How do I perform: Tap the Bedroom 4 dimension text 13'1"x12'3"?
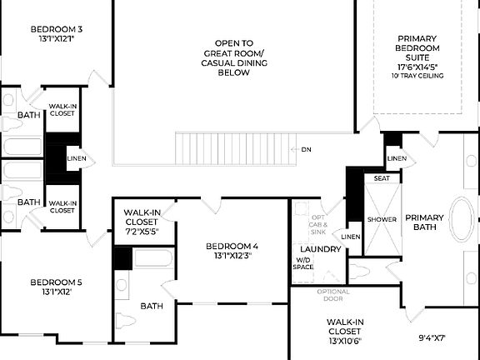pos(232,256)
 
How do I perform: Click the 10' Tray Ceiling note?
pos(417,76)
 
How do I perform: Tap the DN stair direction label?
pos(306,149)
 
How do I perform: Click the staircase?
pos(237,149)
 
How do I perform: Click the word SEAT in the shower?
pos(382,178)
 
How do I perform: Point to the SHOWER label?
pos(382,219)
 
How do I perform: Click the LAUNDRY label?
pos(319,249)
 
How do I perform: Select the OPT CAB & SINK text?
pos(318,225)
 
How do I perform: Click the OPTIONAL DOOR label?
pos(333,295)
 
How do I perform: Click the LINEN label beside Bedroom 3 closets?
pos(76,158)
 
